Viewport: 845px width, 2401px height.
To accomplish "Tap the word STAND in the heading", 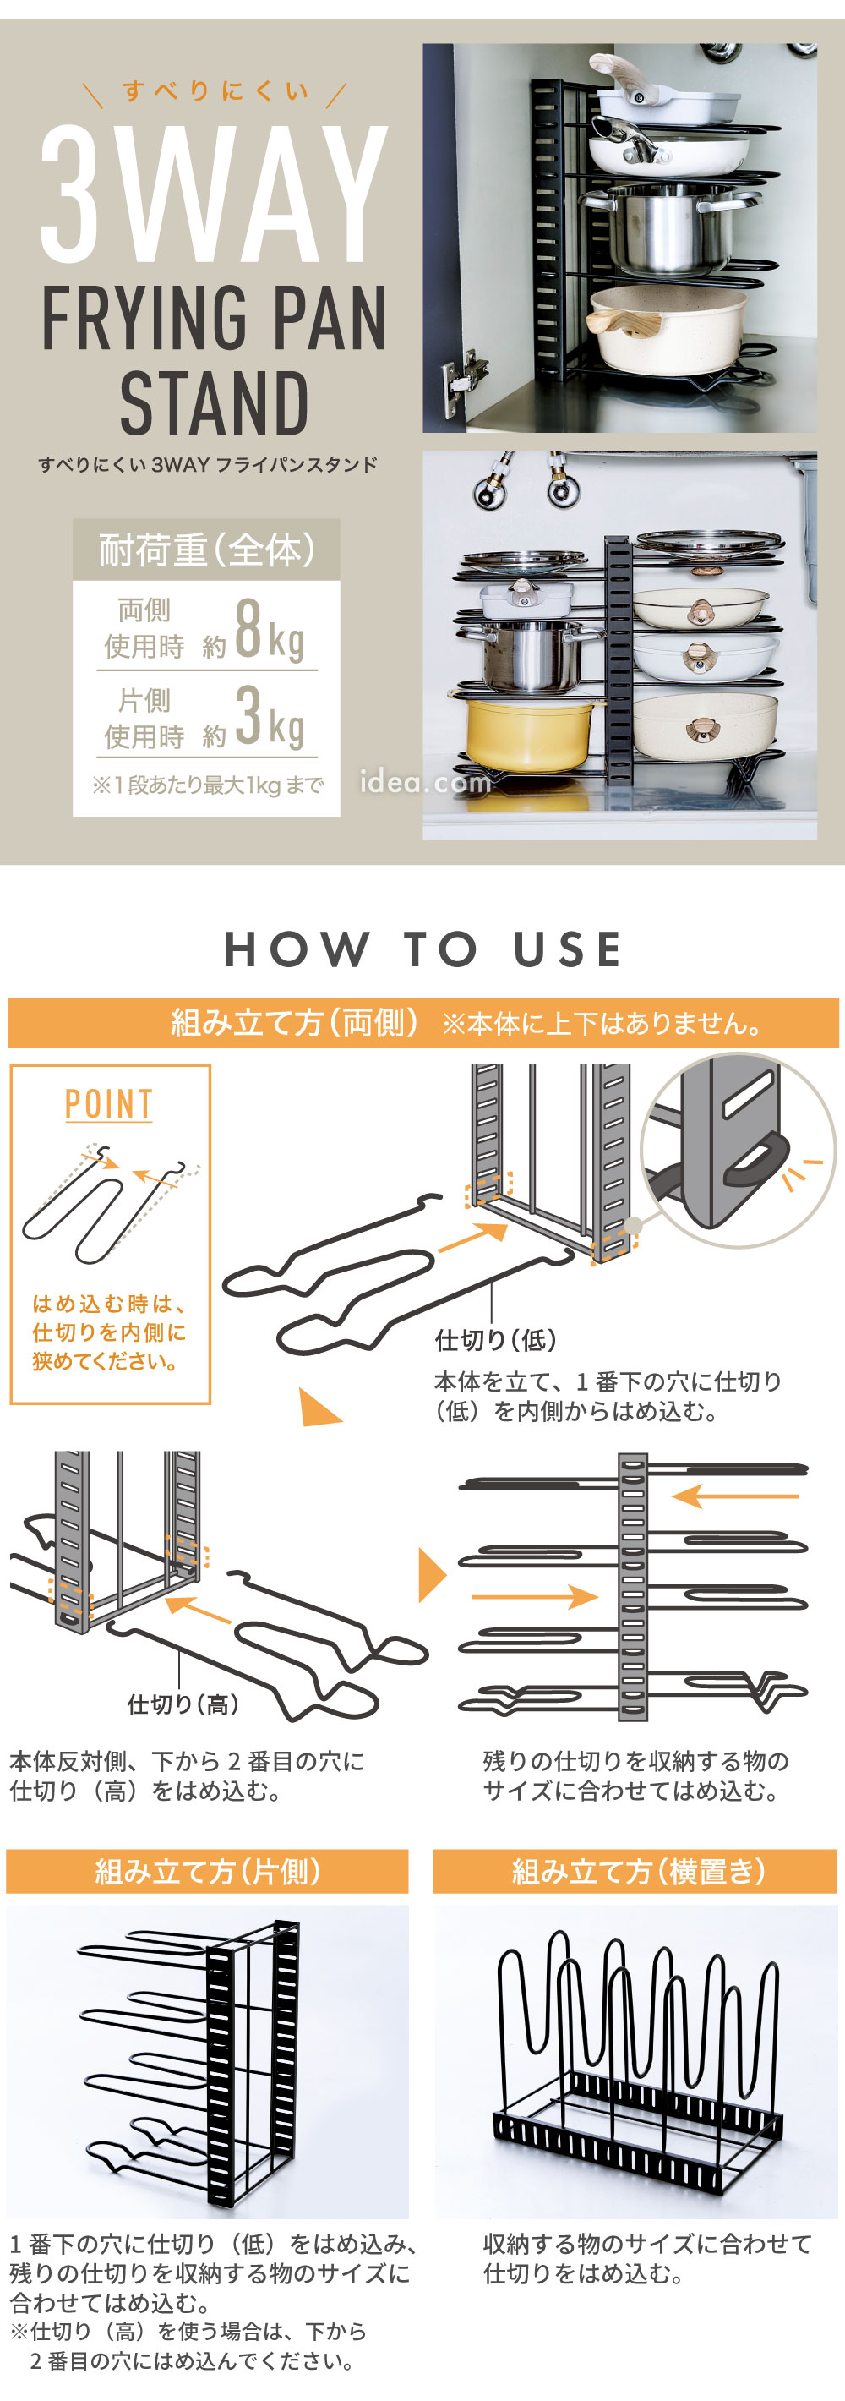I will tap(215, 403).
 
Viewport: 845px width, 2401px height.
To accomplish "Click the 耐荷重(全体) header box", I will tap(206, 550).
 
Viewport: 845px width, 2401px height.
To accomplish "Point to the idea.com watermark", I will tap(425, 782).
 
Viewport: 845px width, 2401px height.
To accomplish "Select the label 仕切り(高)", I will tap(183, 1704).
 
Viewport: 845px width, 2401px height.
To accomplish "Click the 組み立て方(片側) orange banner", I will tap(207, 1871).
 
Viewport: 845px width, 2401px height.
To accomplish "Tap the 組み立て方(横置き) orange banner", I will tap(637, 1871).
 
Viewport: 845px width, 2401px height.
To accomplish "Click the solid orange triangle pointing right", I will tap(430, 1575).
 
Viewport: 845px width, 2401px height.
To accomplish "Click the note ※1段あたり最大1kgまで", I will tap(207, 785).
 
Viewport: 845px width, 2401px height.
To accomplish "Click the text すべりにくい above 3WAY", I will tap(215, 91).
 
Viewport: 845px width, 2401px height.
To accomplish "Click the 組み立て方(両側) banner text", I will tap(293, 1022).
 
